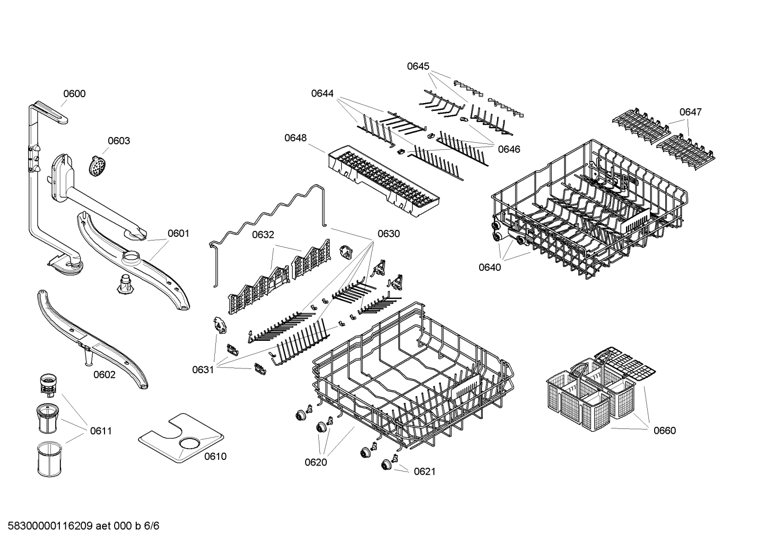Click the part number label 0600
click(x=74, y=94)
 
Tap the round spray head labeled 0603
click(x=95, y=166)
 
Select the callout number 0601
click(x=178, y=233)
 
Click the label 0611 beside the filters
click(x=101, y=431)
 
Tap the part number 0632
click(x=263, y=234)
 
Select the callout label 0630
click(x=388, y=234)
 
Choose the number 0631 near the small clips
click(x=203, y=370)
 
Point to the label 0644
click(x=322, y=93)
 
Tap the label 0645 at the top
click(x=418, y=66)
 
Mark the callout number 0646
click(x=509, y=149)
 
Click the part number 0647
click(x=690, y=112)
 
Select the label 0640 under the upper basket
click(x=490, y=267)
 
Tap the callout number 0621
click(x=424, y=471)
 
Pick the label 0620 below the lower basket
click(x=316, y=462)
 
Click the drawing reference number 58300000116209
click(x=50, y=526)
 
